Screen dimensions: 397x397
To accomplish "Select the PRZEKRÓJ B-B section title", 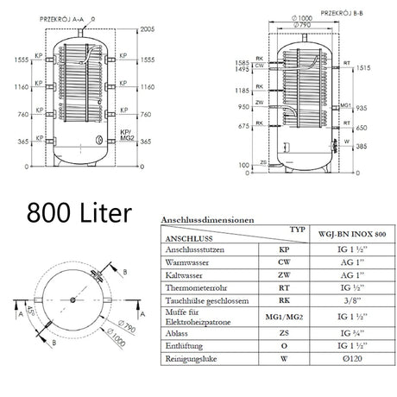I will click(315, 13).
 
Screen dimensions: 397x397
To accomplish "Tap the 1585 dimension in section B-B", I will click(243, 63).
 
